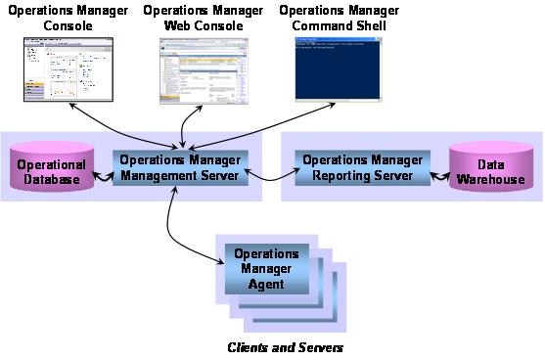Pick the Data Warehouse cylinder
[x=494, y=167]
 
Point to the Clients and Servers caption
[x=285, y=347]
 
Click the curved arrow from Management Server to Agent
[x=175, y=231]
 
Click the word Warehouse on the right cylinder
[x=495, y=179]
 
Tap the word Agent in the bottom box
[x=266, y=284]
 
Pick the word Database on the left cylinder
[x=51, y=179]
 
